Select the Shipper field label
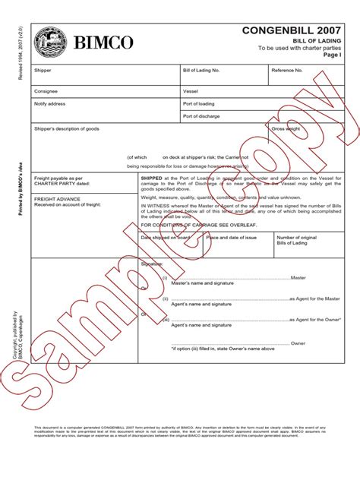tap(43, 71)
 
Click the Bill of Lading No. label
tap(201, 71)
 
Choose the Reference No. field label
tap(288, 71)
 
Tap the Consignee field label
tap(46, 91)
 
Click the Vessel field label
tap(191, 91)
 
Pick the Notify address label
tap(50, 103)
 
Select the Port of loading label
tap(199, 103)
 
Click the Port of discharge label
tap(202, 116)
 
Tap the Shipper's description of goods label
tap(67, 129)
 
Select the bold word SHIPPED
tap(152, 176)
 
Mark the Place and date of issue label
tap(232, 237)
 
